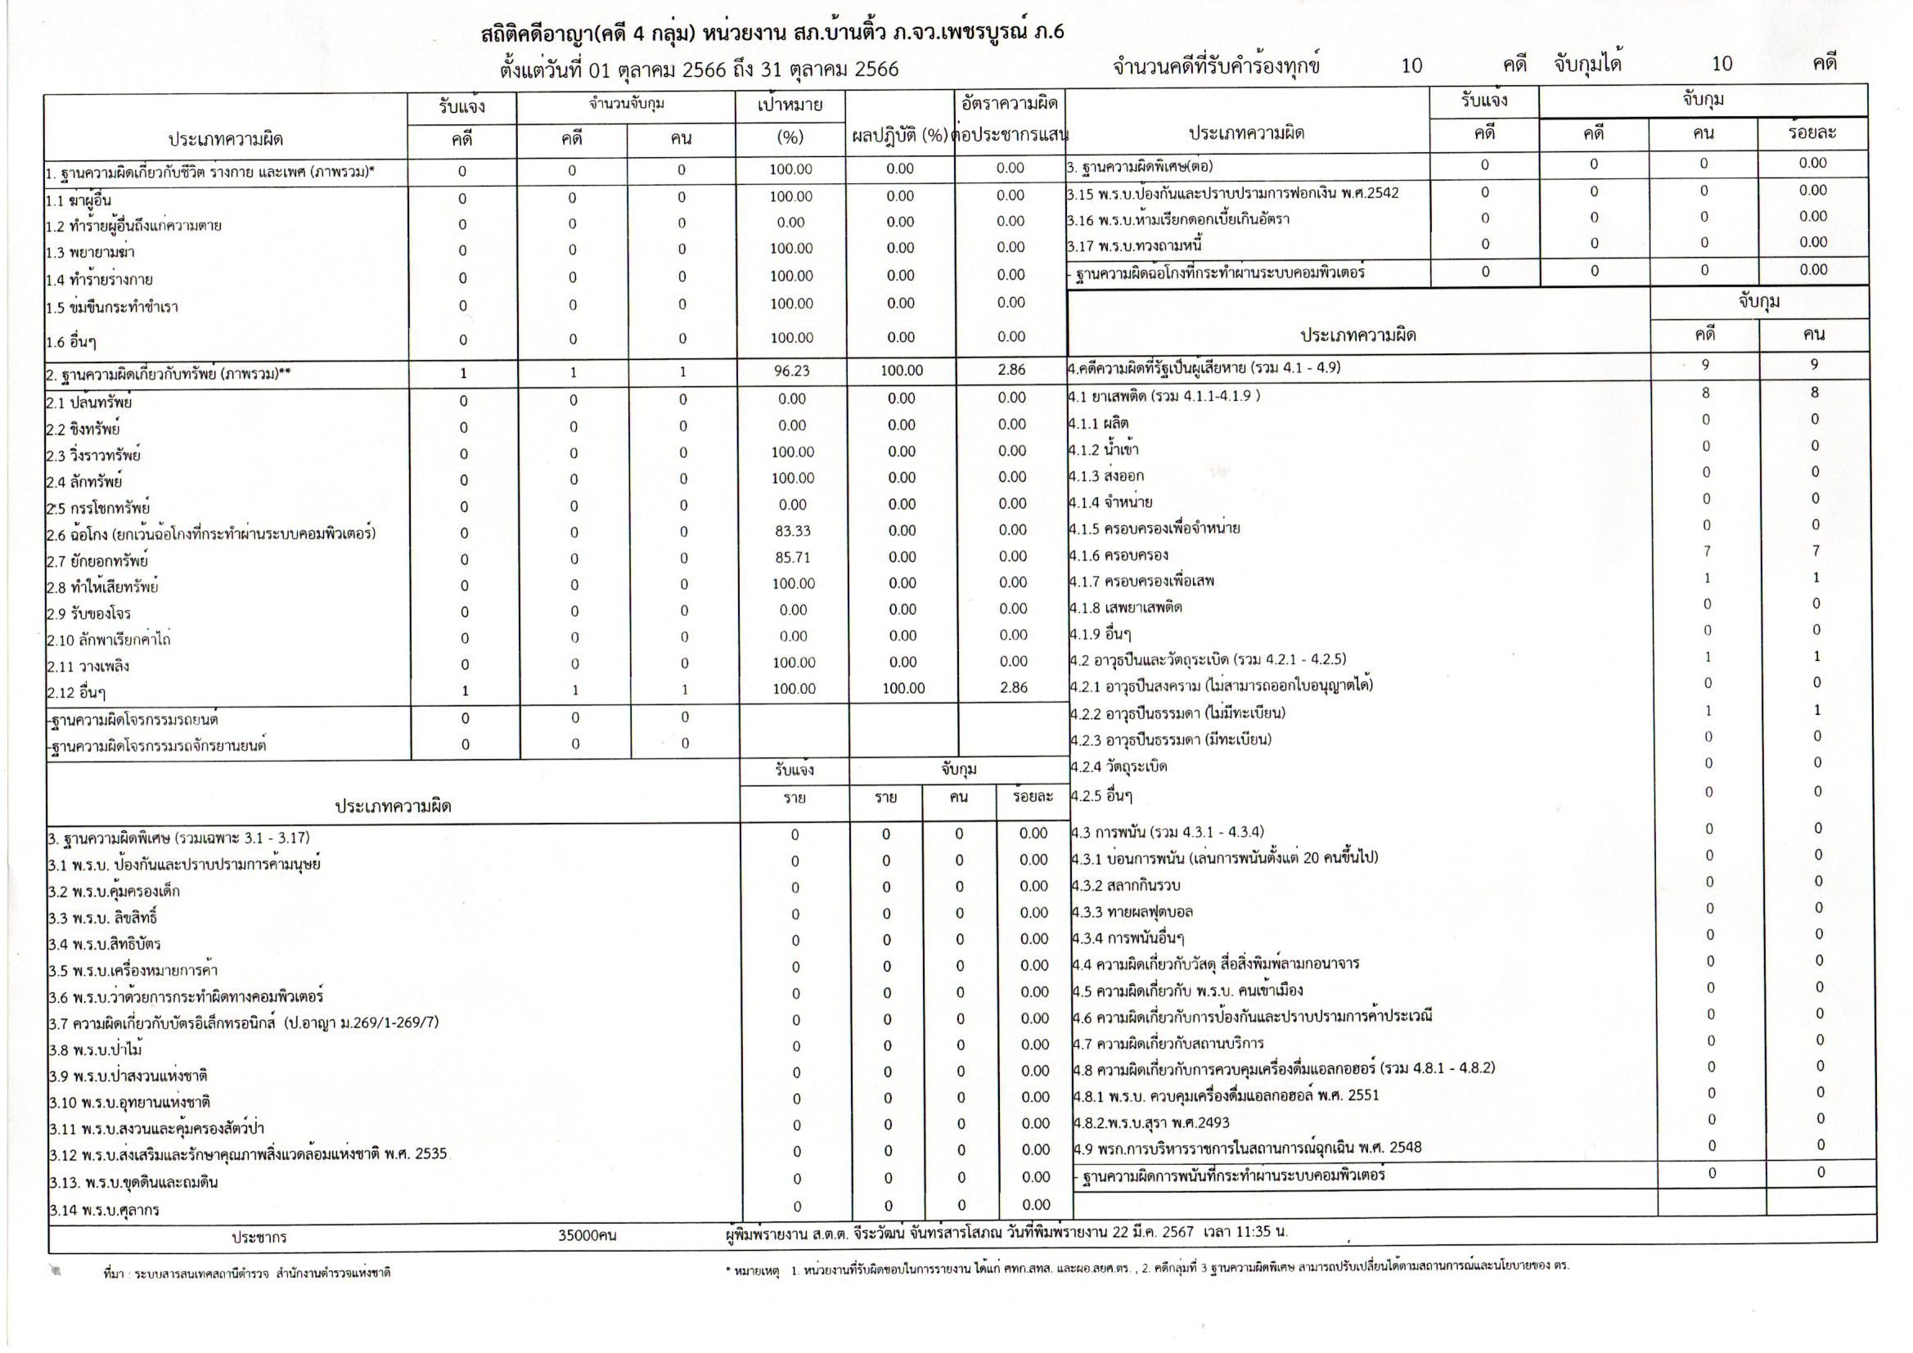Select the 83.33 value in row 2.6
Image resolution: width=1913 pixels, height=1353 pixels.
click(791, 531)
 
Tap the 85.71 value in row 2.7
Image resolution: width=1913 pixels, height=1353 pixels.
click(791, 557)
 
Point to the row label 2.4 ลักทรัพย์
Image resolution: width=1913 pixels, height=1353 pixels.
click(84, 482)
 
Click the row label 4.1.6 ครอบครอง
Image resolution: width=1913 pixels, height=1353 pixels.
click(1119, 555)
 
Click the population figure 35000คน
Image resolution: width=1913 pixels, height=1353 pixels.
click(587, 1235)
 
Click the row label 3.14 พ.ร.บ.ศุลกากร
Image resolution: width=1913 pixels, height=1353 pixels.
click(104, 1210)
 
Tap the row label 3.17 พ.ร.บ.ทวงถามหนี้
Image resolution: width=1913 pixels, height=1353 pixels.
click(1134, 245)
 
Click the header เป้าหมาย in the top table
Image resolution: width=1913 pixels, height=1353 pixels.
click(790, 106)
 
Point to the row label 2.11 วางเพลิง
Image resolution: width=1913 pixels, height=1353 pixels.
click(88, 667)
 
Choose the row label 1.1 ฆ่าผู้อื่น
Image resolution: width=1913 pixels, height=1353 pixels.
click(79, 200)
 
